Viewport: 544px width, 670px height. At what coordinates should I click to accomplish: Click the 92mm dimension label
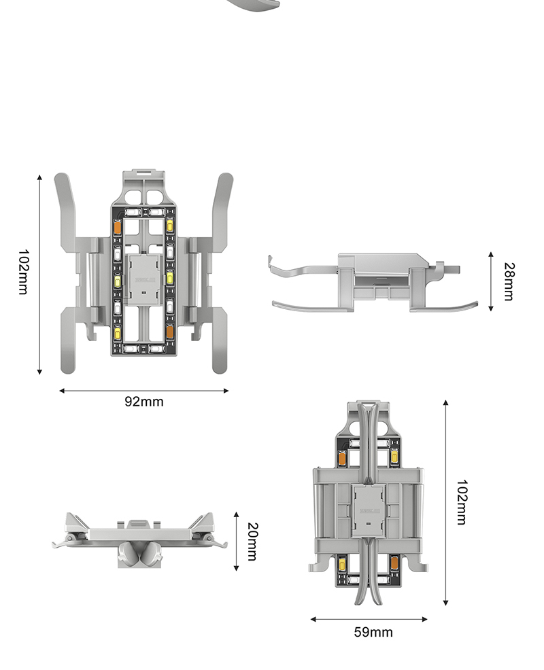[x=144, y=402]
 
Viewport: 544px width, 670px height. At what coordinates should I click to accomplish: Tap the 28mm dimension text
[x=509, y=281]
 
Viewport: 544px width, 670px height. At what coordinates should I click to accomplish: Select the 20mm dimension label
[x=253, y=542]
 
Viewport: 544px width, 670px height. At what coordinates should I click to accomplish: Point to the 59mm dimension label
[x=373, y=632]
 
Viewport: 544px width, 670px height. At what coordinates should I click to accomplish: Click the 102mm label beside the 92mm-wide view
[x=23, y=272]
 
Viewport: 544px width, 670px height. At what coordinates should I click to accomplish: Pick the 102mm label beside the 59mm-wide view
[x=462, y=502]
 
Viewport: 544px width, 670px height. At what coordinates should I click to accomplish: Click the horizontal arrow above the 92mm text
[x=143, y=391]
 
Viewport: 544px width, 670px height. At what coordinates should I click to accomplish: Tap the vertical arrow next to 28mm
[x=491, y=281]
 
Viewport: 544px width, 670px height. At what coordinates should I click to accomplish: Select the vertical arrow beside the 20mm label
[x=236, y=541]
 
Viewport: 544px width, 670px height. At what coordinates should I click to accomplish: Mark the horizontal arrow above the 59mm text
[x=369, y=619]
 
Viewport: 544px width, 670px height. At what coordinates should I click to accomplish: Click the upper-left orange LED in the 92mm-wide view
[x=118, y=226]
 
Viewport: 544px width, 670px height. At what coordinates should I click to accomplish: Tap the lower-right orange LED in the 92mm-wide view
[x=170, y=332]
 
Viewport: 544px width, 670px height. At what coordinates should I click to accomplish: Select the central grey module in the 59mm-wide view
[x=369, y=510]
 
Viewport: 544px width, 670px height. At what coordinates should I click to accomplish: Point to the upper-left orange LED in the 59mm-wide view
[x=342, y=458]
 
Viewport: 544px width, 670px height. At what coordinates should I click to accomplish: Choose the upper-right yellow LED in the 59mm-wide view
[x=394, y=457]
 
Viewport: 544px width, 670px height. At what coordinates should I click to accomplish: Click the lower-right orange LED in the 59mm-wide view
[x=394, y=563]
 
